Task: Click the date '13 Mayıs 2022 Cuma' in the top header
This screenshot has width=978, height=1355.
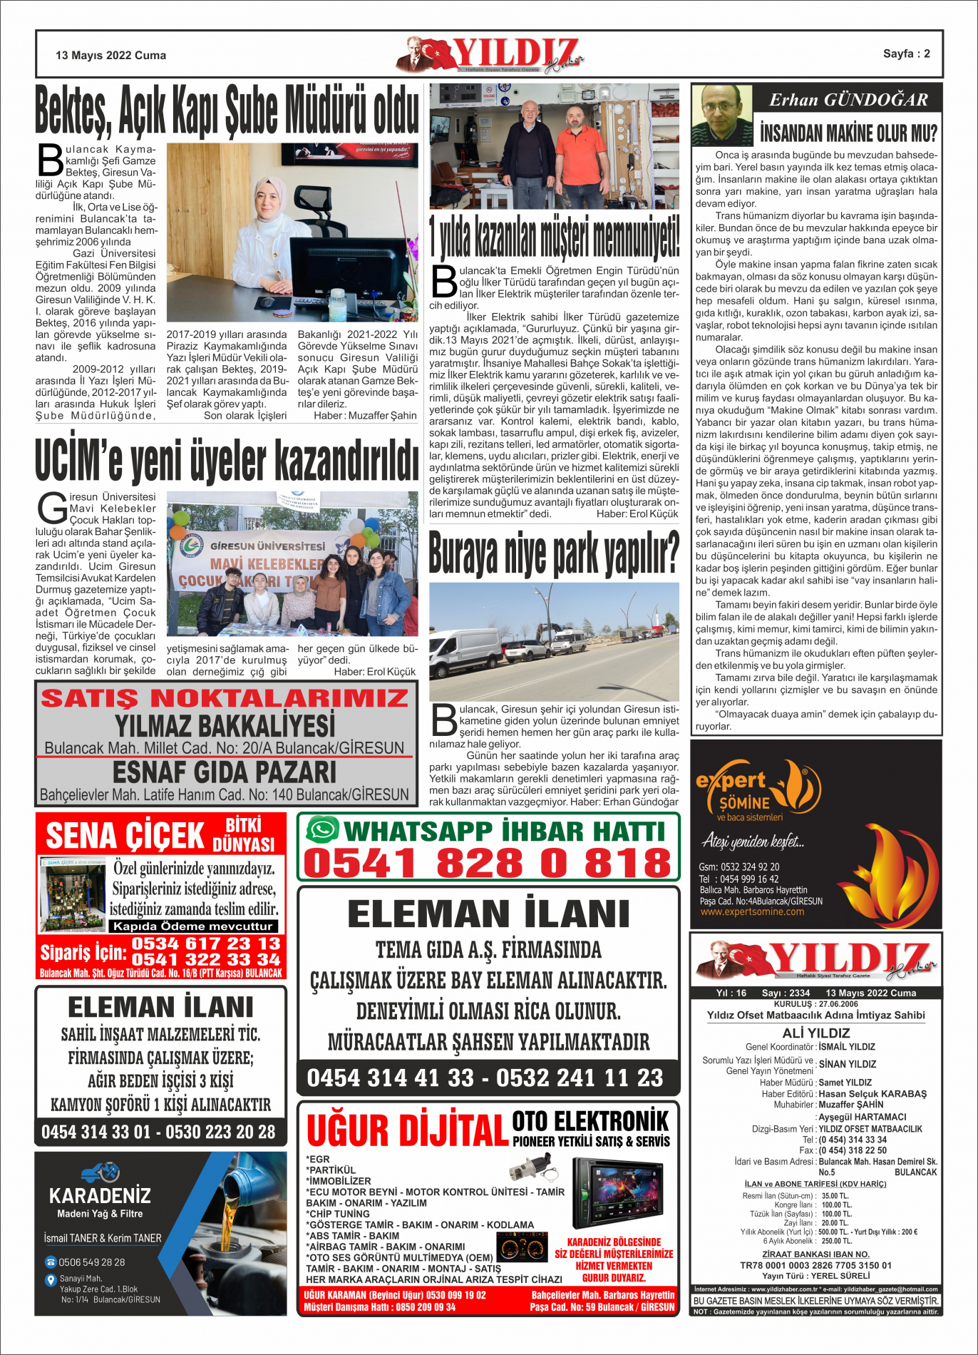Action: [110, 55]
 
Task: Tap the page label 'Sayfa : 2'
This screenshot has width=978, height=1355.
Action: [906, 53]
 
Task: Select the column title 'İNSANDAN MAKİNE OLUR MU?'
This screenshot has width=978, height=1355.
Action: [848, 133]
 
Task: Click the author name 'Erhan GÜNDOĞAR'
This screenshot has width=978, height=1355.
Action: [848, 100]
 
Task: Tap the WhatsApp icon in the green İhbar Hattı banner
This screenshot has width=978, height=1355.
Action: [322, 830]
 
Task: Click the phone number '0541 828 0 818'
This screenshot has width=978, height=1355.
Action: [488, 863]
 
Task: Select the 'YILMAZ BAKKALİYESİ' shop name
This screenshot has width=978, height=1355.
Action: [225, 726]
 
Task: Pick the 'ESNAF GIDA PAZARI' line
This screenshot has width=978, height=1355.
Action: [225, 772]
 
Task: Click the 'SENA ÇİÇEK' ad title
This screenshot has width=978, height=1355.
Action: [125, 836]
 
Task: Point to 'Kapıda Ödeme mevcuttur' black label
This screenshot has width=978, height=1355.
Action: [193, 926]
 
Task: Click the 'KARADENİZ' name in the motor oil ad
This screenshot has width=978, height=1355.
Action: [100, 1195]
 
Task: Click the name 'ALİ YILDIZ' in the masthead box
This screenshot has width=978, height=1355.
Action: [815, 1033]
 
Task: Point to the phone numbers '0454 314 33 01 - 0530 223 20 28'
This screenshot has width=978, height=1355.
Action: [158, 1132]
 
